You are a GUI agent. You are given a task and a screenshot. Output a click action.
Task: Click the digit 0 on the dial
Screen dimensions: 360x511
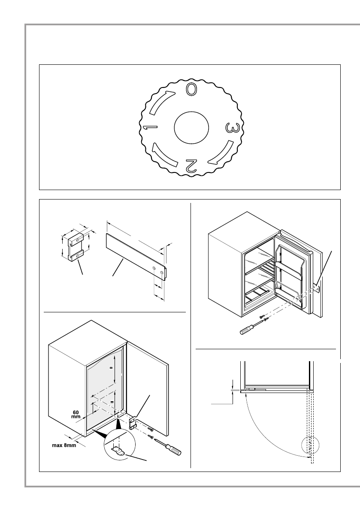191,89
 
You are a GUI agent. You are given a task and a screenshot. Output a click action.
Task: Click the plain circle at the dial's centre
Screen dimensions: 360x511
191,128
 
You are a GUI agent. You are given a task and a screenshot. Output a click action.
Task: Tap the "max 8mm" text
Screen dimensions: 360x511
62,445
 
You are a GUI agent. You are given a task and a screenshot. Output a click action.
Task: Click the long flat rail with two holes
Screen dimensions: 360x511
136,256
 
